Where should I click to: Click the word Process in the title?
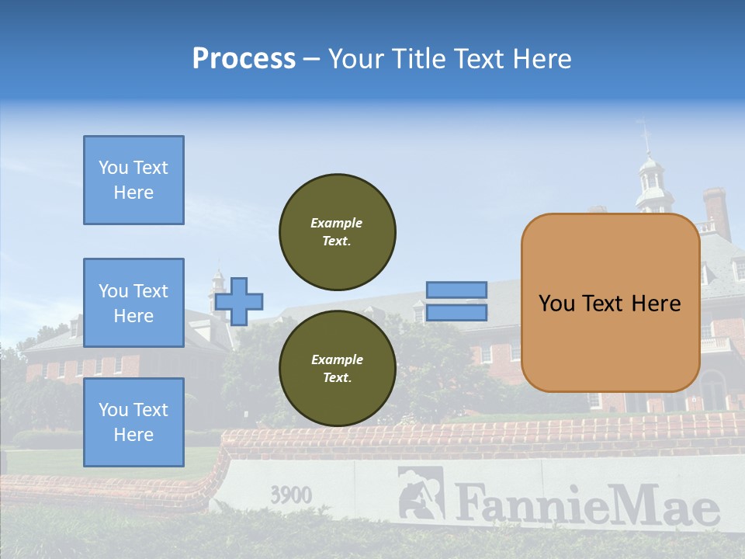[244, 59]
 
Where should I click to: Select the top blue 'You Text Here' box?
[133, 180]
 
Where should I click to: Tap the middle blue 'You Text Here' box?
[133, 303]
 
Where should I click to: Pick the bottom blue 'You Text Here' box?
[133, 422]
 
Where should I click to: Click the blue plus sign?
[239, 301]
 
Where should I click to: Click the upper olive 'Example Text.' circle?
[338, 232]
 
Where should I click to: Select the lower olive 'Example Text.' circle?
[338, 369]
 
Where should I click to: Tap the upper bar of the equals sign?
[456, 290]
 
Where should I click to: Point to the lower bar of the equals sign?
[456, 313]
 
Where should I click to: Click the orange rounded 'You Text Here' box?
[610, 303]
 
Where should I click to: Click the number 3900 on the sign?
[291, 495]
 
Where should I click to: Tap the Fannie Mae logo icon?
[421, 493]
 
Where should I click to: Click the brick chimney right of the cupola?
[716, 210]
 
